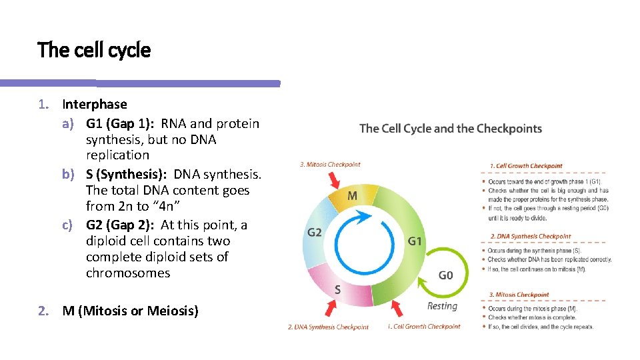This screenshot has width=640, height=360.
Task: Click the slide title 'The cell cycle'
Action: pyautogui.click(x=94, y=50)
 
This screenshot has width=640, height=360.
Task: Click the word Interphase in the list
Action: pyautogui.click(x=94, y=104)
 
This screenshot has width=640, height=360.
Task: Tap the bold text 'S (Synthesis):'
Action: pyautogui.click(x=127, y=174)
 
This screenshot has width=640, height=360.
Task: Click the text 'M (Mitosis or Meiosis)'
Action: pyautogui.click(x=130, y=311)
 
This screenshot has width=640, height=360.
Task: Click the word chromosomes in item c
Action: pyautogui.click(x=127, y=273)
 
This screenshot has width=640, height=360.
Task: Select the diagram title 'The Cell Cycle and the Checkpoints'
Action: pyautogui.click(x=450, y=129)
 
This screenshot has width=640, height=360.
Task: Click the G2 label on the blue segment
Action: pyautogui.click(x=315, y=233)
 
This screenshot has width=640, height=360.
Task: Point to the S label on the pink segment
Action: pyautogui.click(x=337, y=290)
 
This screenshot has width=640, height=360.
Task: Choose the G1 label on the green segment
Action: pyautogui.click(x=415, y=241)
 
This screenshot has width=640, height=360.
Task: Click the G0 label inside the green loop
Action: pyautogui.click(x=446, y=275)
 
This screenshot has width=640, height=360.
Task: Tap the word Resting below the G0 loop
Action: pyautogui.click(x=442, y=306)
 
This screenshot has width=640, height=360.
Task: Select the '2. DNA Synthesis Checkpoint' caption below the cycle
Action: pyautogui.click(x=328, y=327)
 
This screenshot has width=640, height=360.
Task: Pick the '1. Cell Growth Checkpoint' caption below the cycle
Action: pyautogui.click(x=423, y=327)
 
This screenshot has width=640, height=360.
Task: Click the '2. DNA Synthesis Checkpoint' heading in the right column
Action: pyautogui.click(x=530, y=236)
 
